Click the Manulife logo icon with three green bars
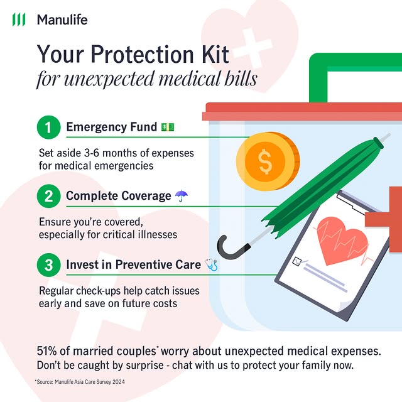(19, 19)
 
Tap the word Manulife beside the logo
(62, 19)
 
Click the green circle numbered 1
(48, 128)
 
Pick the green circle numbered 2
(48, 196)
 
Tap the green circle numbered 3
(48, 265)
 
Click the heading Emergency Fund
(111, 128)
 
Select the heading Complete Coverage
(118, 196)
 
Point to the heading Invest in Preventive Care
(133, 265)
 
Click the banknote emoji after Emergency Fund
(167, 128)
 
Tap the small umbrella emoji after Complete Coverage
(181, 196)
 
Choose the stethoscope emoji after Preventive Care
(211, 265)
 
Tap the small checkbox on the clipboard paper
(298, 261)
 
